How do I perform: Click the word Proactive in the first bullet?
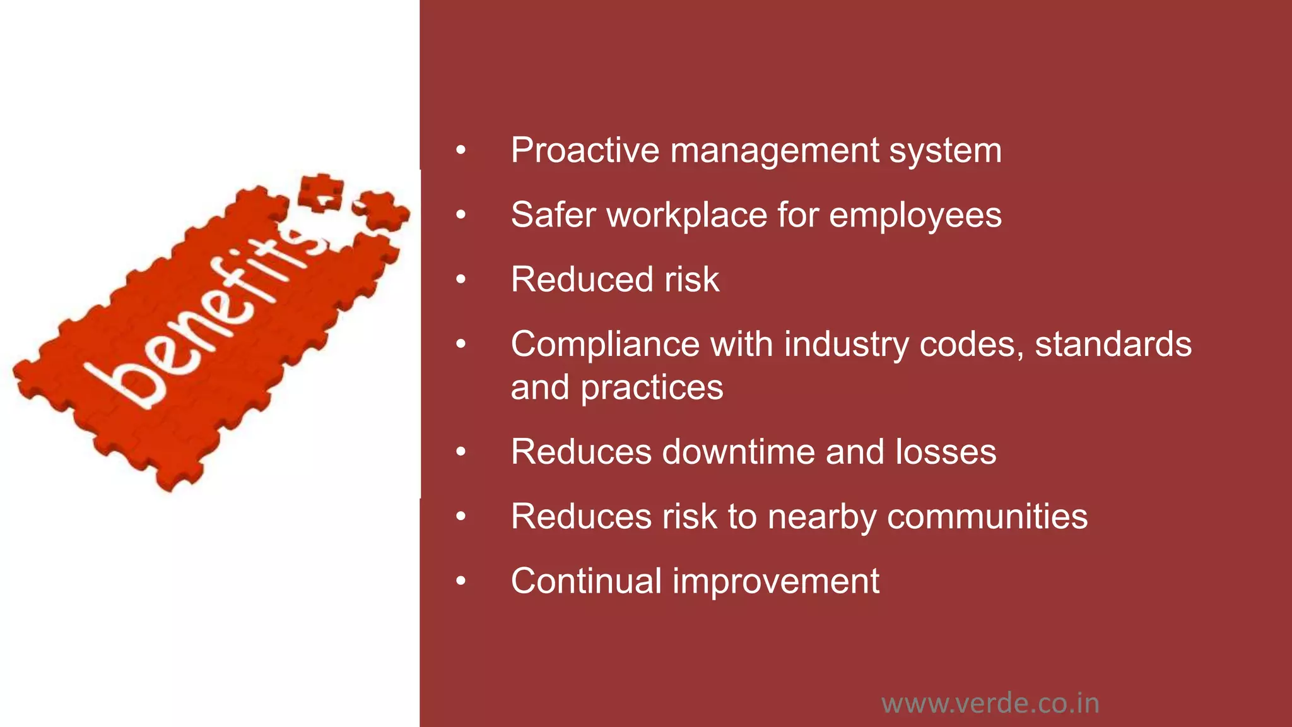tap(585, 150)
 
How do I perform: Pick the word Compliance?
tap(605, 345)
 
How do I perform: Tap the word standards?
tap(1113, 344)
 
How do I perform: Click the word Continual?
tap(586, 581)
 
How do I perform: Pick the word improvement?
tap(776, 582)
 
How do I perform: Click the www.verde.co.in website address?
tap(990, 703)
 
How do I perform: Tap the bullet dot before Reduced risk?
tap(461, 280)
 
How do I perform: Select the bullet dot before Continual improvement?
tap(461, 581)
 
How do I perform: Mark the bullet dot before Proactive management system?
tap(461, 151)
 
